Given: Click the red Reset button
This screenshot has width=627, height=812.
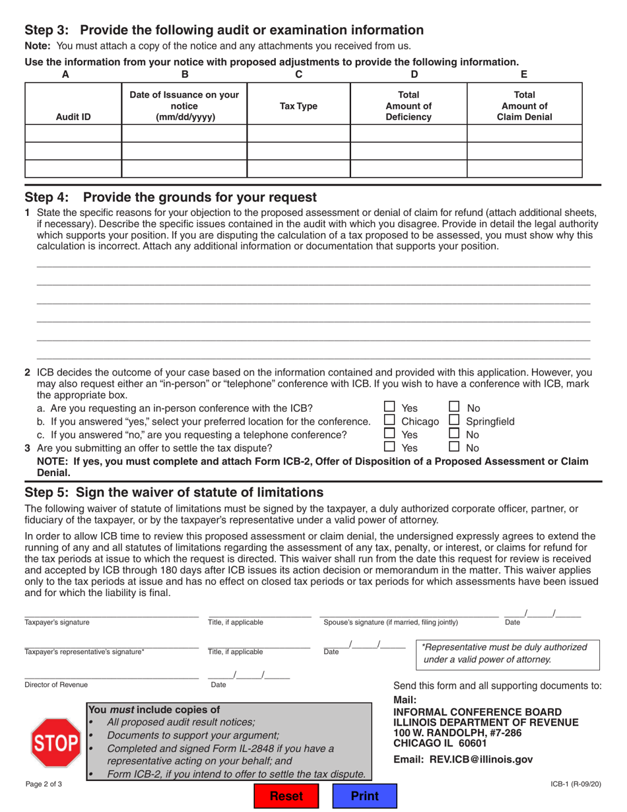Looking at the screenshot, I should (x=285, y=796).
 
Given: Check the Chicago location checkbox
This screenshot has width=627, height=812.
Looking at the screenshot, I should (x=390, y=421).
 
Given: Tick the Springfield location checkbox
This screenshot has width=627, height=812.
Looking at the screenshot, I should (x=455, y=421).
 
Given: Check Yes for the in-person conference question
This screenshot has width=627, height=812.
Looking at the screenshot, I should (x=390, y=408).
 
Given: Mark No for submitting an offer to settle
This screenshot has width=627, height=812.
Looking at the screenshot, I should (x=455, y=448).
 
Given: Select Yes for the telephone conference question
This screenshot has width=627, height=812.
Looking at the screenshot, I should (x=390, y=434).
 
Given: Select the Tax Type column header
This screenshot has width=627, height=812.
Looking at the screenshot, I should (x=298, y=106).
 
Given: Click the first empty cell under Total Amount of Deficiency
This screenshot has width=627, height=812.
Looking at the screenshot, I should (x=408, y=134).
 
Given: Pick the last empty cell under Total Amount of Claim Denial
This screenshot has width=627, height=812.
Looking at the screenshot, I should (x=524, y=169).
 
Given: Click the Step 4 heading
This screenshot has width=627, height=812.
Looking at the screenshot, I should (x=170, y=197).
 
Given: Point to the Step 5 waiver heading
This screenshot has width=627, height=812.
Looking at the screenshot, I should (x=174, y=492).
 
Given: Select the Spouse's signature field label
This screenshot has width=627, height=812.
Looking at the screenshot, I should (x=390, y=622).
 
